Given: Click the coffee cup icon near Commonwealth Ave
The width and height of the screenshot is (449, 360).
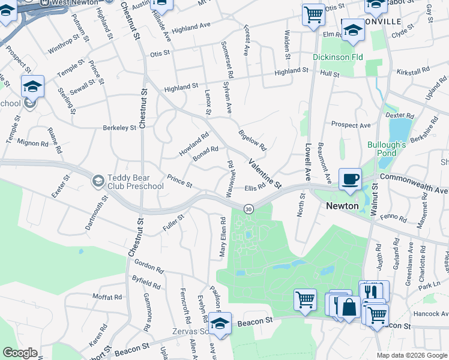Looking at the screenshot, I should (x=350, y=178).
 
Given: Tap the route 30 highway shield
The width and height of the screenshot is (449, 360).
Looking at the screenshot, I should (x=249, y=209).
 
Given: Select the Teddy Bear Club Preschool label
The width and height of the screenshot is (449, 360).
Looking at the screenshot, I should (x=135, y=182).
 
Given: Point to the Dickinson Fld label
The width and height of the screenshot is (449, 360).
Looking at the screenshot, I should (x=337, y=58).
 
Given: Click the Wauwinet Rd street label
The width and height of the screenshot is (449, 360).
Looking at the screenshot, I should (x=229, y=179).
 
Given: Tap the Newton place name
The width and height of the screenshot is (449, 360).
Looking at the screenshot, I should (x=342, y=206).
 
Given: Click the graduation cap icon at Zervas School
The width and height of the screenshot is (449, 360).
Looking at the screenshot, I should (x=220, y=324).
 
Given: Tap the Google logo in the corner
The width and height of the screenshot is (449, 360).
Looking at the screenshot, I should (x=20, y=353).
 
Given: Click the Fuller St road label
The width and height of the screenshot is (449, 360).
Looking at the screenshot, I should (x=173, y=223).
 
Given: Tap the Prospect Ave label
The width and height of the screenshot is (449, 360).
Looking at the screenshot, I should (x=351, y=125).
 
